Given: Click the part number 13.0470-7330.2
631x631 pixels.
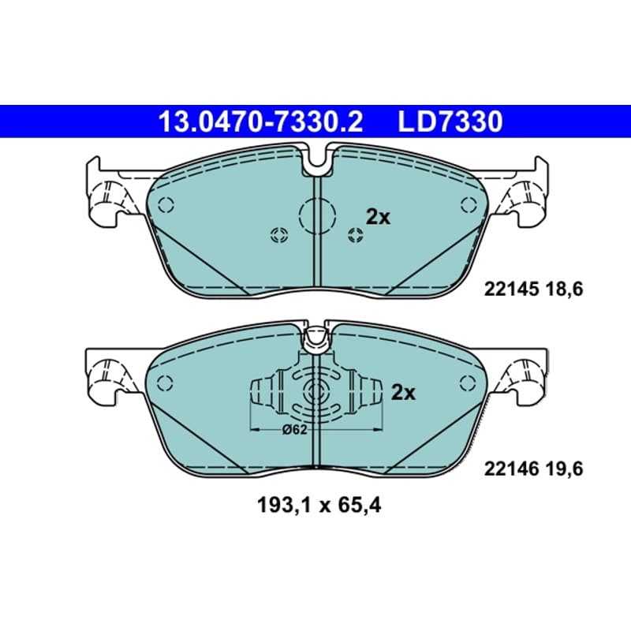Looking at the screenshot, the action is click(x=261, y=121).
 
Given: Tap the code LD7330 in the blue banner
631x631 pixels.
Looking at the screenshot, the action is click(x=450, y=121).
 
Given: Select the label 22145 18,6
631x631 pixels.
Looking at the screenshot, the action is click(x=533, y=289).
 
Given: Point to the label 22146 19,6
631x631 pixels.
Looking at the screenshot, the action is click(x=533, y=469).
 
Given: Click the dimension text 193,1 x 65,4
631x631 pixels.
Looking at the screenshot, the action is click(x=319, y=506).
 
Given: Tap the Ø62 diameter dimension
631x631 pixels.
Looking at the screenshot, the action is click(x=294, y=430).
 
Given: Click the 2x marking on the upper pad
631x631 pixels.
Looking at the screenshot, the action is click(x=378, y=218).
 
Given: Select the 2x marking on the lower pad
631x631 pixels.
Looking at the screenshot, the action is click(x=403, y=392).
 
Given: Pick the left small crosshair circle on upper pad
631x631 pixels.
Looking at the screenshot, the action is click(x=279, y=235).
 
